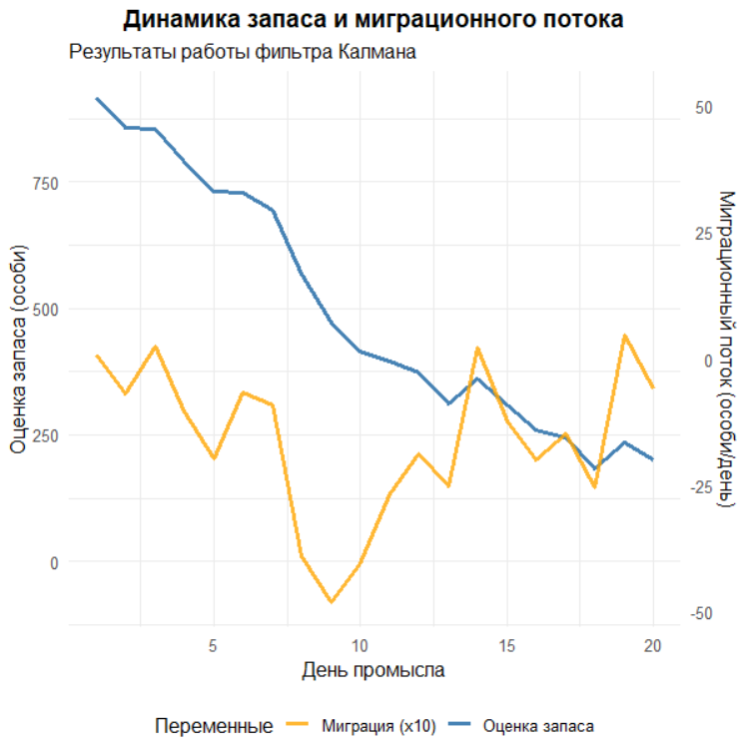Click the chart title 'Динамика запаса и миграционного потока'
[x=373, y=20]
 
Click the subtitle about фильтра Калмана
[x=242, y=52]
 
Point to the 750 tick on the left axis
[x=46, y=183]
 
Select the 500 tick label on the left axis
[x=46, y=310]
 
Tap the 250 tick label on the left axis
[x=46, y=435]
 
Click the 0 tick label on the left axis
[x=54, y=562]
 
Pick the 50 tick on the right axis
[x=702, y=107]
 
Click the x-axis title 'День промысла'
[x=373, y=669]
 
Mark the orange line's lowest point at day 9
[x=331, y=602]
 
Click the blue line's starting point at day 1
[x=97, y=99]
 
